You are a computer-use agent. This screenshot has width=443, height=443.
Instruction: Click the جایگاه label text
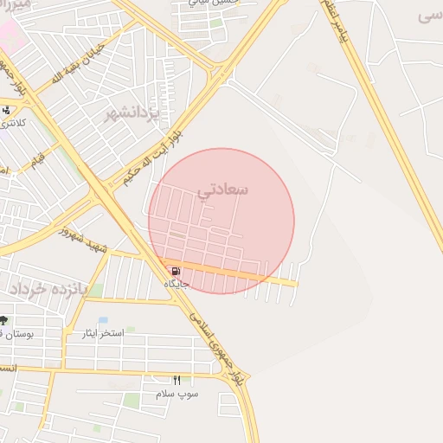click(177, 283)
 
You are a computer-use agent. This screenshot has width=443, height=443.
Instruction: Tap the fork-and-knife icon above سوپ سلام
click(177, 381)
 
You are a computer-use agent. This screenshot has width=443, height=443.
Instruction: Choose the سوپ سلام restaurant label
click(177, 394)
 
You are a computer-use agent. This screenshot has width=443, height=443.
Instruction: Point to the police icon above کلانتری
click(7, 110)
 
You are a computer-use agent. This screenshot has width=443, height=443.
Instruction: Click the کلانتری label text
click(12, 123)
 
